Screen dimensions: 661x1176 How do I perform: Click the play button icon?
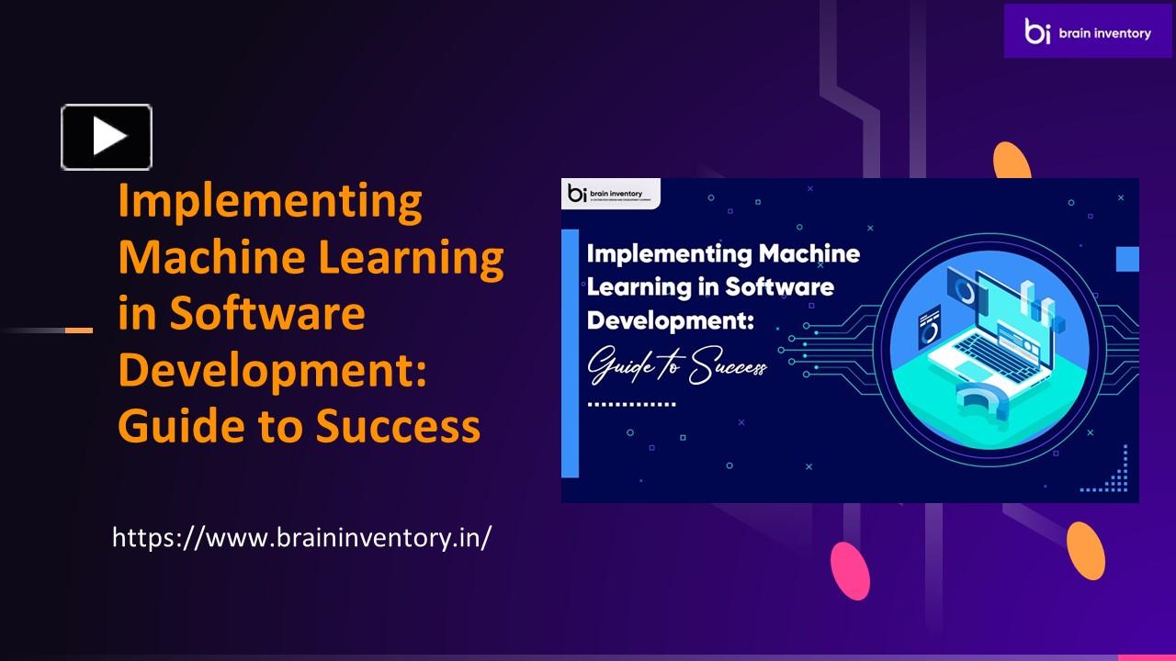point(107,137)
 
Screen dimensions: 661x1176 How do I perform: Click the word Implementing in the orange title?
point(269,202)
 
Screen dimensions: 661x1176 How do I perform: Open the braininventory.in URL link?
point(301,537)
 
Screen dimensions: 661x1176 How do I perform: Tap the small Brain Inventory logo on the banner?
point(607,194)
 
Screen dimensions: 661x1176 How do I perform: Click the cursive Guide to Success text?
point(676,366)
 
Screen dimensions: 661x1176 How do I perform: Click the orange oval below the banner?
point(1086,551)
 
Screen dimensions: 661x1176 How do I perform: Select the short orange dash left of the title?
point(79,330)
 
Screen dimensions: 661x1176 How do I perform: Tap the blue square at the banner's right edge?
point(1127,259)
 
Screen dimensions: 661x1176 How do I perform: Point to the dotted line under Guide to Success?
point(631,404)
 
